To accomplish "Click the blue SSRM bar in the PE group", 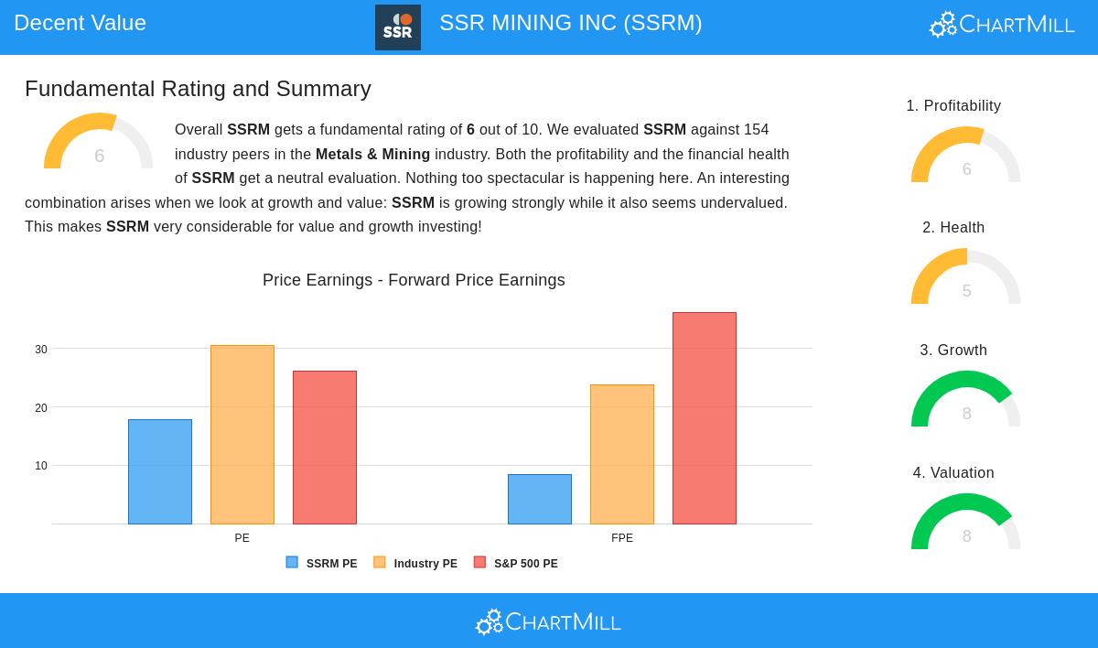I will click(x=160, y=471).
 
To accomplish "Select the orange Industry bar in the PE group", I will click(x=242, y=435).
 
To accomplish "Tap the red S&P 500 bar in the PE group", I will click(x=325, y=448).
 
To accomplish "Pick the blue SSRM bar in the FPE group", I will click(x=540, y=499).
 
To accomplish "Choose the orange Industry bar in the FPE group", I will click(x=622, y=454).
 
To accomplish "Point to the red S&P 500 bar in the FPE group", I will click(x=705, y=418).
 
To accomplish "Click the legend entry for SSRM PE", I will click(x=322, y=564).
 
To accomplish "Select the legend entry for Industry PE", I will click(x=416, y=564).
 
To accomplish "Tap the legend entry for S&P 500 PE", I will click(x=517, y=564).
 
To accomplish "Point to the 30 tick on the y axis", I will click(x=41, y=350).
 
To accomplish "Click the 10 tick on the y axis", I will click(x=41, y=466).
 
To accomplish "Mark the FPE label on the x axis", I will click(x=622, y=538).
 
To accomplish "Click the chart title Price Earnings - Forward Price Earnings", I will click(x=414, y=280).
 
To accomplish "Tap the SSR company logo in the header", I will click(x=398, y=27).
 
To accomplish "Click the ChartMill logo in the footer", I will click(x=548, y=622).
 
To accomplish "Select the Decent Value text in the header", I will click(x=80, y=23).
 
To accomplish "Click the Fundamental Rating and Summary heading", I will click(x=198, y=89).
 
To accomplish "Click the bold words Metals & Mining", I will click(x=372, y=154).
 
